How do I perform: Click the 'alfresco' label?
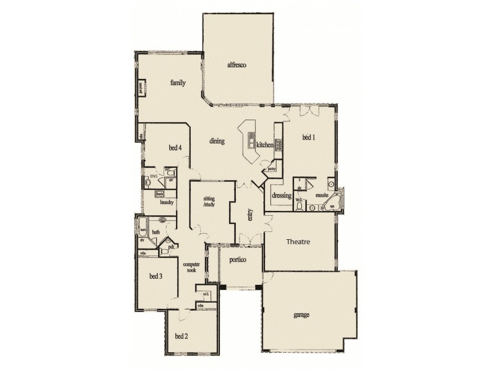pyautogui.click(x=237, y=64)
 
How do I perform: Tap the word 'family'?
pyautogui.click(x=178, y=82)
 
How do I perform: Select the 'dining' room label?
pyautogui.click(x=216, y=141)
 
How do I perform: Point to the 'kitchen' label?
pyautogui.click(x=265, y=144)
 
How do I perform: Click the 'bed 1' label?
pyautogui.click(x=308, y=138)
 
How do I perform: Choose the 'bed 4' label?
pyautogui.click(x=175, y=147)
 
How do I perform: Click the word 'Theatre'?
pyautogui.click(x=298, y=242)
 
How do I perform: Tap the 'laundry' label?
pyautogui.click(x=165, y=202)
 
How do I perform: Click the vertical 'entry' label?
pyautogui.click(x=251, y=213)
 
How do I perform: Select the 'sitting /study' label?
pyautogui.click(x=210, y=203)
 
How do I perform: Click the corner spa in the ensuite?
pyautogui.click(x=333, y=201)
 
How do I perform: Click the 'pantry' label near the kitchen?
pyautogui.click(x=271, y=168)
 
